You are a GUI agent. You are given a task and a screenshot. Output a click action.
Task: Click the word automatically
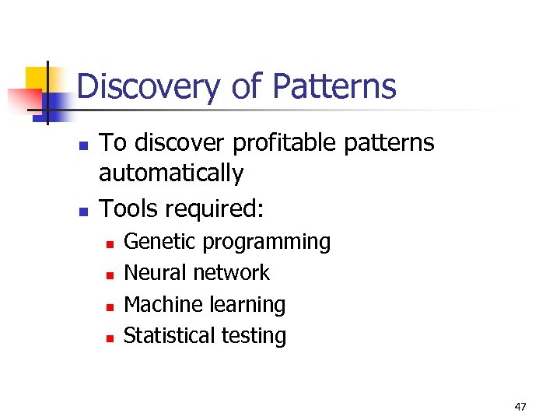171,173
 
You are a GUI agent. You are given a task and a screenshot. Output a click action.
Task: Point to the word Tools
128,208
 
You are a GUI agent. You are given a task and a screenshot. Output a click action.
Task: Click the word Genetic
160,242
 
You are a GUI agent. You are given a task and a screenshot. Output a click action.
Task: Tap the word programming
267,243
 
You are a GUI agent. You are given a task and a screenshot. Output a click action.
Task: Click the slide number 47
520,406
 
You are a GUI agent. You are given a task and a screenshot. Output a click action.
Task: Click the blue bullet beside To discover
82,145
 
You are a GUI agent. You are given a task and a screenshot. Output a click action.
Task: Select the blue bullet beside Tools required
82,211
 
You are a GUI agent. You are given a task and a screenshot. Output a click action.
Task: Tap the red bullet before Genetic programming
110,244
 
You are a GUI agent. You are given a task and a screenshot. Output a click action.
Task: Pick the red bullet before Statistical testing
110,338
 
